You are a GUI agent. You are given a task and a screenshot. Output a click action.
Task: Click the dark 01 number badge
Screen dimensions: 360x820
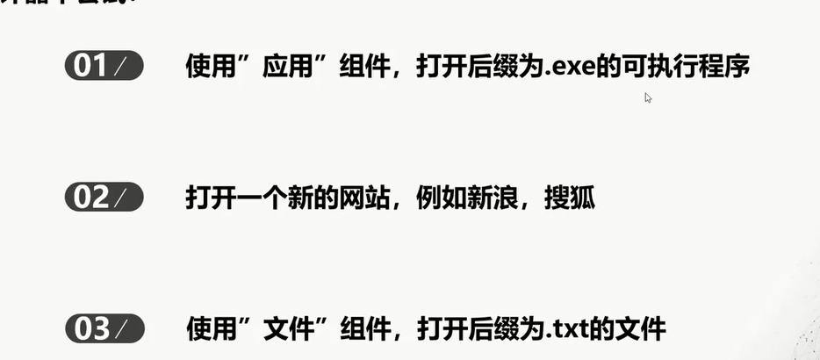coord(104,67)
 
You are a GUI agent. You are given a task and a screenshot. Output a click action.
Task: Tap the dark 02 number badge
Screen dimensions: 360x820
coord(104,198)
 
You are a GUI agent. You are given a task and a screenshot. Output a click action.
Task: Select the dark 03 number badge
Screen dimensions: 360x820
coord(104,329)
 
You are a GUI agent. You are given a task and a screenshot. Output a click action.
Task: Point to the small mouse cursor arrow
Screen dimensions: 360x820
coord(648,97)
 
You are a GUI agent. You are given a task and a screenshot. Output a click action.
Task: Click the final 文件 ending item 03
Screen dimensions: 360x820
coord(642,330)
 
